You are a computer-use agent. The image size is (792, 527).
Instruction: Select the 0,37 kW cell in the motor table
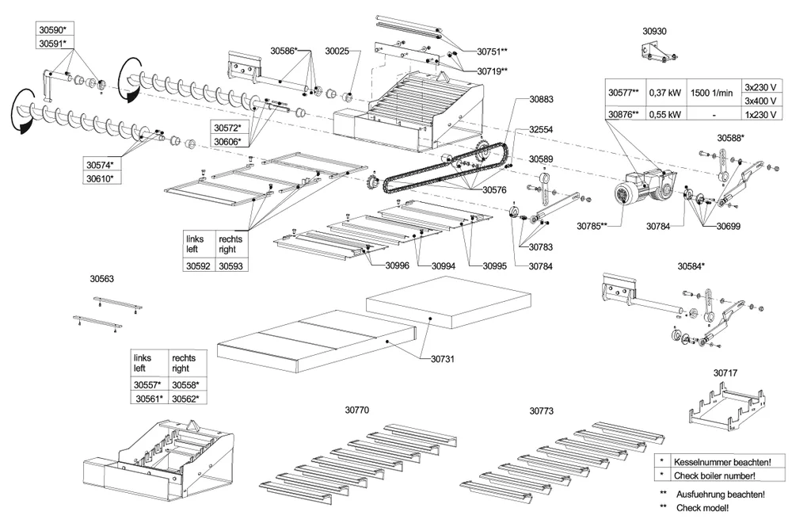tap(664, 92)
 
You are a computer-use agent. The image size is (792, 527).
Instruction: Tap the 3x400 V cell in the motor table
tap(760, 101)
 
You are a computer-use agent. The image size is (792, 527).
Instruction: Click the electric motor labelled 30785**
tap(634, 194)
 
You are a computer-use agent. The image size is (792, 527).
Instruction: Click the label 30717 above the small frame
tap(725, 372)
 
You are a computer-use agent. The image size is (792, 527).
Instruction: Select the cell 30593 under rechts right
tap(230, 267)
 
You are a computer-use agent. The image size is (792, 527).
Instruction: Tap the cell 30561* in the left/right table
tap(149, 399)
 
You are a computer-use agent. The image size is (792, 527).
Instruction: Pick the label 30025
tap(337, 51)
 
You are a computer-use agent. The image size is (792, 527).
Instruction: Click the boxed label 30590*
tap(52, 29)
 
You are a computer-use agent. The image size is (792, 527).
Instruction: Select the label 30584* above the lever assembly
tap(691, 266)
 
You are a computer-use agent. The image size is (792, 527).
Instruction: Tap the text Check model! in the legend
tap(700, 506)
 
